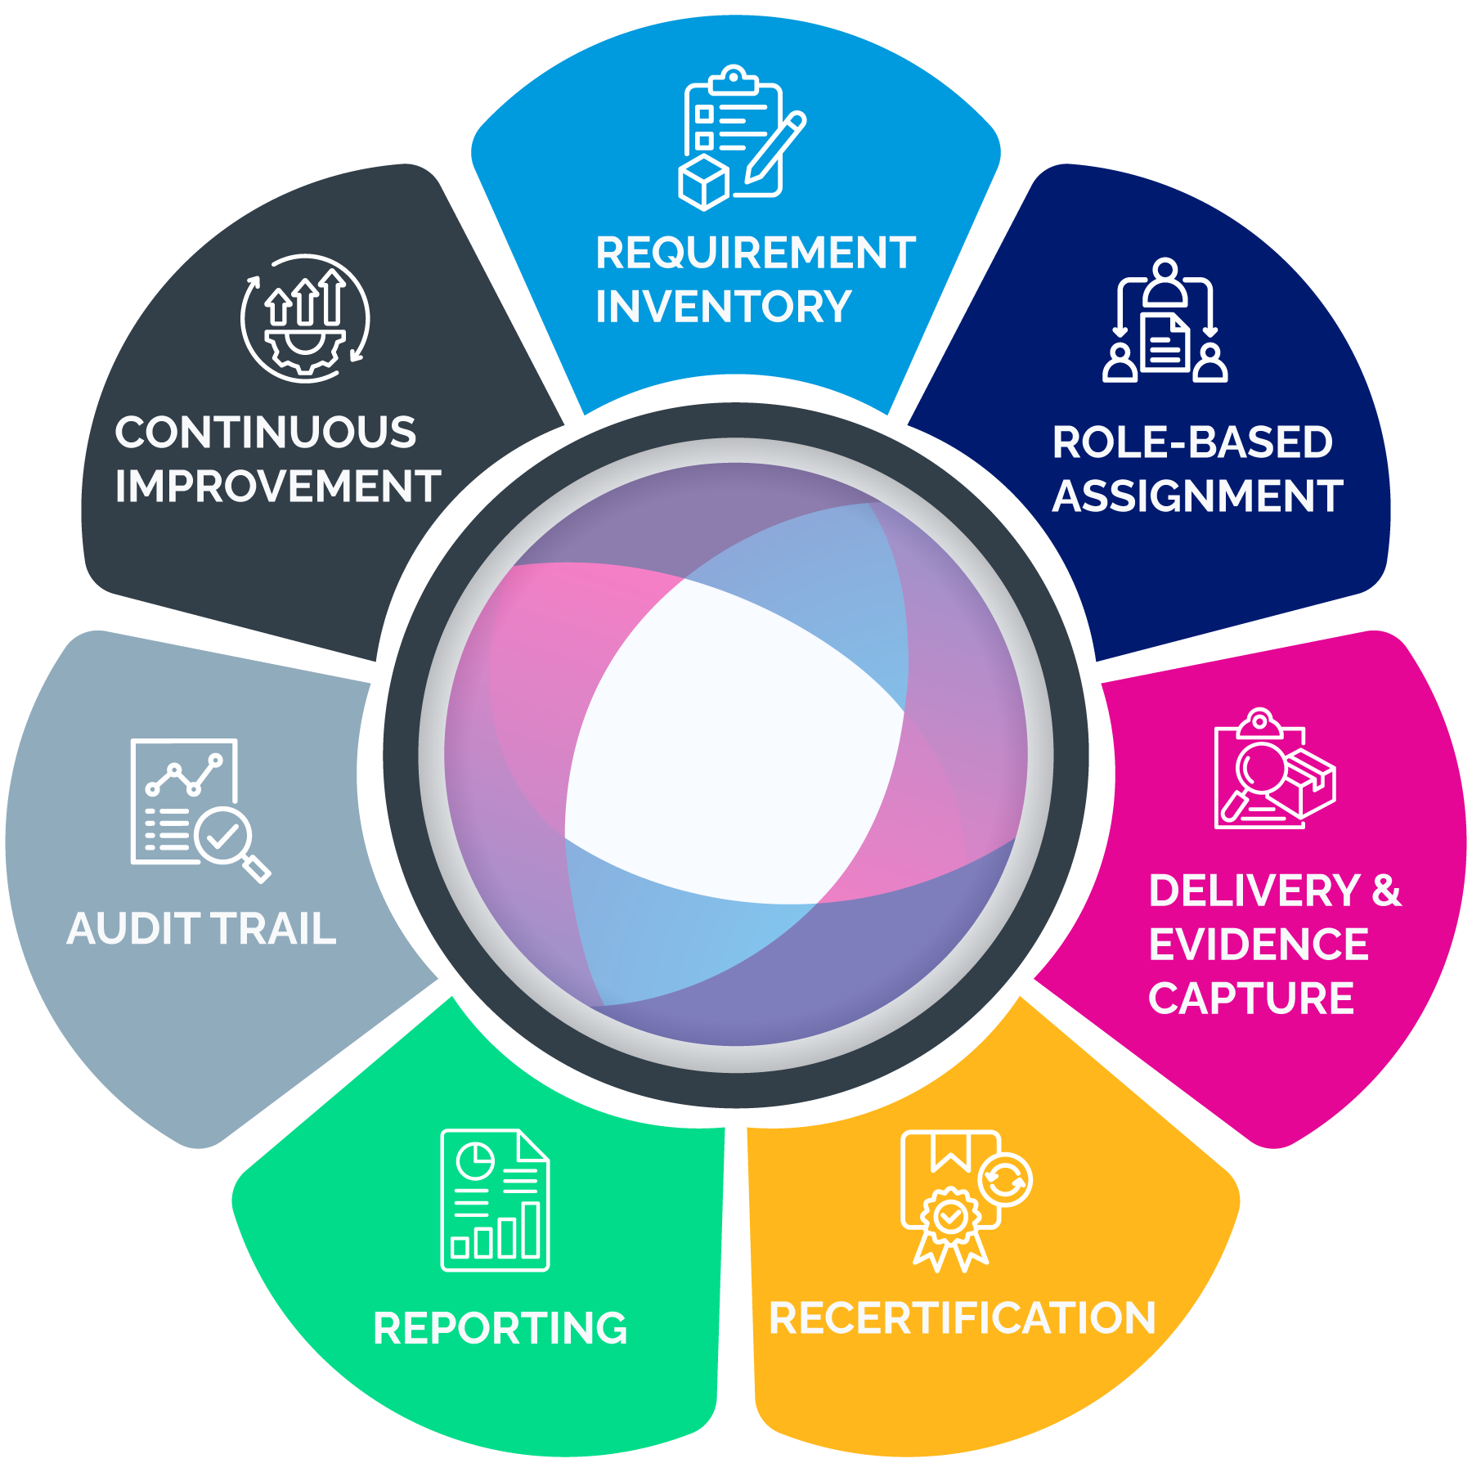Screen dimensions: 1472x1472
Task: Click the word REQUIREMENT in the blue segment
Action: coord(755,253)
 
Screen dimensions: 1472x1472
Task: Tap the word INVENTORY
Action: coord(723,307)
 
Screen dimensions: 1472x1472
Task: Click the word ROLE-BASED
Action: coord(1192,442)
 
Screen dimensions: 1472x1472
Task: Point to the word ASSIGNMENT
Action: coord(1197,496)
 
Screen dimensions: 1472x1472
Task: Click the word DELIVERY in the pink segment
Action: coord(1254,891)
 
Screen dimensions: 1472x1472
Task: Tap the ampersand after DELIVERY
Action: coord(1386,891)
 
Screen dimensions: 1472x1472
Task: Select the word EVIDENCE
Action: coord(1259,945)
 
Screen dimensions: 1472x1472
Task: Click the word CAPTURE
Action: coord(1251,999)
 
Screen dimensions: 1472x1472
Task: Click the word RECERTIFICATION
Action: coord(962,1318)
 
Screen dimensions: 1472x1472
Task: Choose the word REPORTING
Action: coord(500,1328)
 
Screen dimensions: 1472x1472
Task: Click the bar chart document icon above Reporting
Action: coord(495,1200)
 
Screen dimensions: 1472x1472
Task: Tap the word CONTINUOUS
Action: coord(266,433)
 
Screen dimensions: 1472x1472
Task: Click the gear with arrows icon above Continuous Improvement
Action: coord(305,318)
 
